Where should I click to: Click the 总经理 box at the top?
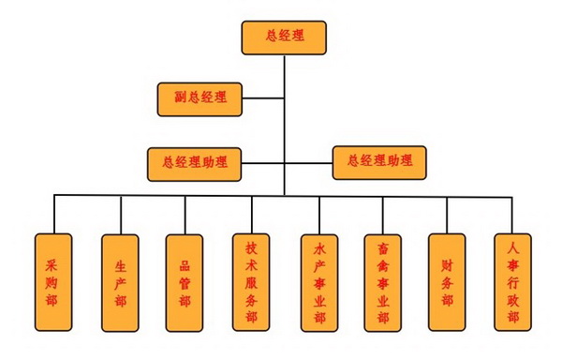click(284, 37)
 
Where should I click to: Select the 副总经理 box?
click(200, 97)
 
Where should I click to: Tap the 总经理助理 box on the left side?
click(194, 162)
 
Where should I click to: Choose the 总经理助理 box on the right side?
click(378, 161)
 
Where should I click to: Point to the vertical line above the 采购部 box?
click(53, 215)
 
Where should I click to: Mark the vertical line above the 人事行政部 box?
click(512, 215)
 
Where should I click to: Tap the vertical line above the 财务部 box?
click(447, 215)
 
